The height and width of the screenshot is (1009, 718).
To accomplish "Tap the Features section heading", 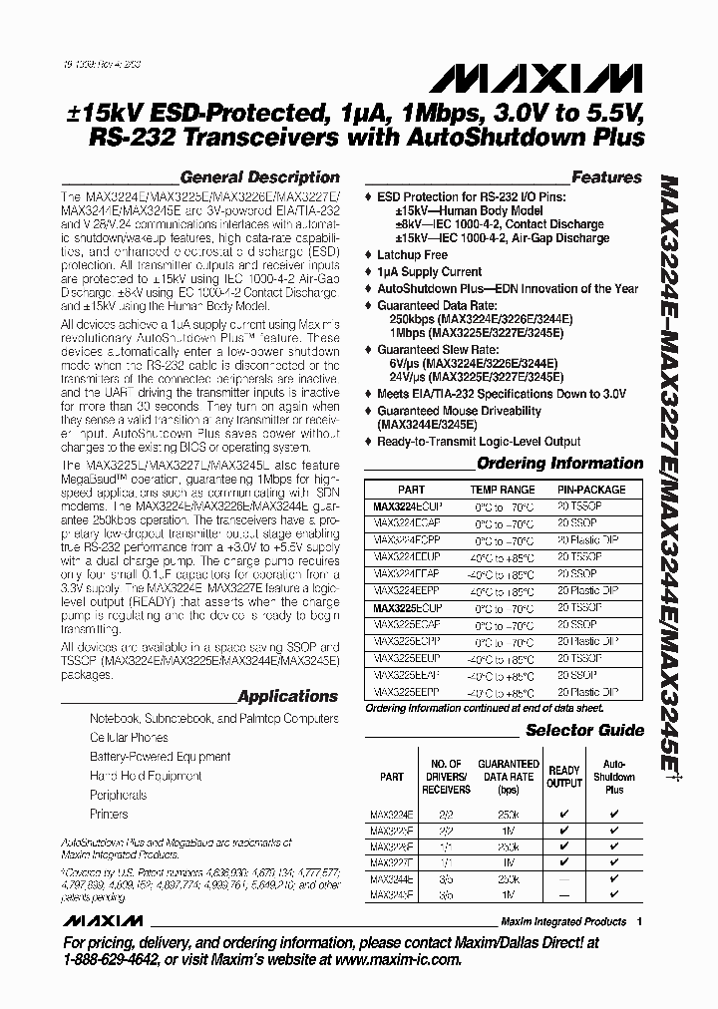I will coord(606,177).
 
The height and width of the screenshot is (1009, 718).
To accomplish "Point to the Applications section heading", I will coord(288,696).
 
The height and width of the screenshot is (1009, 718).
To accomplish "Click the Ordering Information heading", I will coord(559,463).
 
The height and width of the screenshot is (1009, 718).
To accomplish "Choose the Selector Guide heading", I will coord(584,730).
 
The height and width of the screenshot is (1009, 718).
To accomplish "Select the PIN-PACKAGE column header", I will coord(592,490).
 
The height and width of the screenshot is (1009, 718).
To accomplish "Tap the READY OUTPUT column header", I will coord(564,777).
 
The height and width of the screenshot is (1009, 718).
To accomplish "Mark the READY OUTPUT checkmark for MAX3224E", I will coord(564,813).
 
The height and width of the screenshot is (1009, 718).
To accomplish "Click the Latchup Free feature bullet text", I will coord(412,255).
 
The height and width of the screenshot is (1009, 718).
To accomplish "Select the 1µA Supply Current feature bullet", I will coord(429,271).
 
